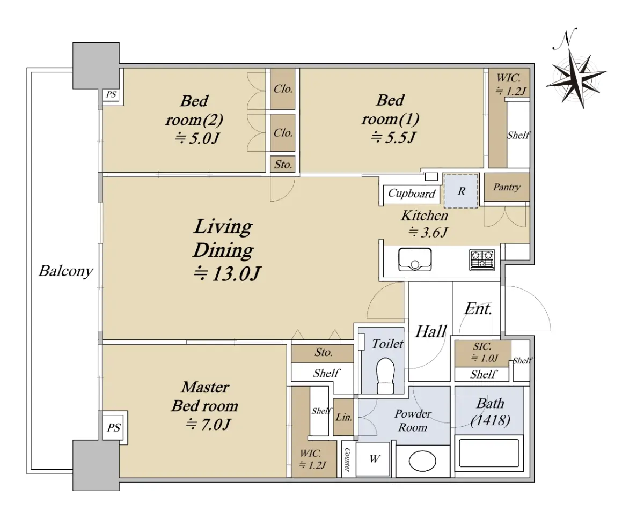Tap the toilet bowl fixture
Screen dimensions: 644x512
(x=385, y=375)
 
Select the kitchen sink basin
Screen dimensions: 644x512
(x=415, y=259)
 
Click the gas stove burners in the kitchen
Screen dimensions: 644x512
(x=482, y=259)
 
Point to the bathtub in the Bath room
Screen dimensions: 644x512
(x=489, y=453)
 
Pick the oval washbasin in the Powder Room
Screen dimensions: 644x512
(x=422, y=461)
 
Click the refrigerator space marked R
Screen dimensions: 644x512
(x=460, y=191)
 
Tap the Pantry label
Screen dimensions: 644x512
(x=506, y=188)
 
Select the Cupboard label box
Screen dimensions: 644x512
(x=412, y=194)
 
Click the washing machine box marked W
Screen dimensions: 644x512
(x=375, y=459)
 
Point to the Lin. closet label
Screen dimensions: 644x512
(x=344, y=417)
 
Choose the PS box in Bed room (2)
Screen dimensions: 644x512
(x=111, y=95)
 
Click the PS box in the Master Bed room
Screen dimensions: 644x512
(x=113, y=427)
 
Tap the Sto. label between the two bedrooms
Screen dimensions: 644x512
(x=283, y=164)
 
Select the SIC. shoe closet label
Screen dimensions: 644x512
(x=482, y=346)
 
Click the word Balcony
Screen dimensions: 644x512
(x=66, y=271)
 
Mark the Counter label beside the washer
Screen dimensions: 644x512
(x=347, y=459)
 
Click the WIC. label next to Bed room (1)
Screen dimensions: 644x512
(x=508, y=78)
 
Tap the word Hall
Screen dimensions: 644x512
(x=431, y=331)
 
